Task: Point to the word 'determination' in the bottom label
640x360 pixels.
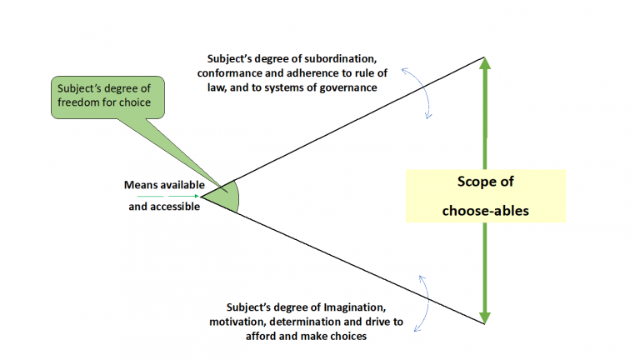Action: pyautogui.click(x=305, y=322)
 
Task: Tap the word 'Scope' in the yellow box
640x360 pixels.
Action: pyautogui.click(x=474, y=181)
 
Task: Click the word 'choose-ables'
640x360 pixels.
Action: pyautogui.click(x=485, y=211)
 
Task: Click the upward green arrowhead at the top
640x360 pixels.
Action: pyautogui.click(x=484, y=63)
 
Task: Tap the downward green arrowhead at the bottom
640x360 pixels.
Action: pyautogui.click(x=484, y=318)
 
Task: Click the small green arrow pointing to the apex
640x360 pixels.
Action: pyautogui.click(x=168, y=197)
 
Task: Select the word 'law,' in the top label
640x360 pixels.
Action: pyautogui.click(x=217, y=88)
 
